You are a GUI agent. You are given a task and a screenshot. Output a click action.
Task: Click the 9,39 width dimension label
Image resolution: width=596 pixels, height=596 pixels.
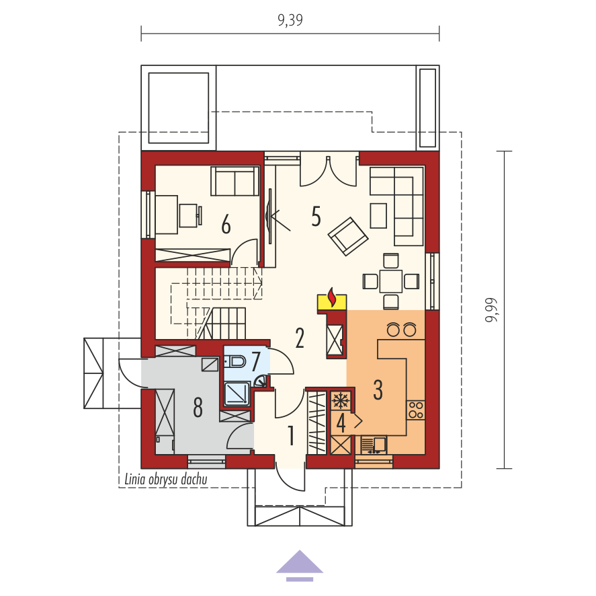pyautogui.click(x=290, y=20)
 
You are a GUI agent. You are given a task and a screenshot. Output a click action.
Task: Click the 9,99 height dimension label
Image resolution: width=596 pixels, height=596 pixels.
pyautogui.click(x=491, y=310)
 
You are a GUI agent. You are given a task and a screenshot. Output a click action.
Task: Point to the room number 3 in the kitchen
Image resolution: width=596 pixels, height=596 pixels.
pyautogui.click(x=378, y=389)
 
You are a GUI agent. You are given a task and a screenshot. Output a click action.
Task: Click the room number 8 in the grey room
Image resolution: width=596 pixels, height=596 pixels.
pyautogui.click(x=198, y=407)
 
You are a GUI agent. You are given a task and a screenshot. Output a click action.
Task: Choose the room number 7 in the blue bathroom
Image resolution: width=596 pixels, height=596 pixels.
pyautogui.click(x=255, y=361)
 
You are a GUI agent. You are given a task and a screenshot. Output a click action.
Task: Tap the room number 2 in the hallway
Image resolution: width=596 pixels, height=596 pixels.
pyautogui.click(x=300, y=338)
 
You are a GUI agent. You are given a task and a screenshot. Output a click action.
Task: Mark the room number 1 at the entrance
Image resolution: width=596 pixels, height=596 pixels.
pyautogui.click(x=291, y=435)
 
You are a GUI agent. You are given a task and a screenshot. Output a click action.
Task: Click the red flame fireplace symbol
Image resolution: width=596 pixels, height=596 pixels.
pyautogui.click(x=332, y=297)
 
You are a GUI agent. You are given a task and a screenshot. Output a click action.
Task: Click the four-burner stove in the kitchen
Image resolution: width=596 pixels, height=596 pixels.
pyautogui.click(x=415, y=410)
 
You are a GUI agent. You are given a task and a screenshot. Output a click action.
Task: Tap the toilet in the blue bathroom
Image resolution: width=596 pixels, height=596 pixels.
pyautogui.click(x=235, y=361)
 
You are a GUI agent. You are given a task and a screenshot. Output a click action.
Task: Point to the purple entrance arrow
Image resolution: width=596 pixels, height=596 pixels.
pyautogui.click(x=300, y=566)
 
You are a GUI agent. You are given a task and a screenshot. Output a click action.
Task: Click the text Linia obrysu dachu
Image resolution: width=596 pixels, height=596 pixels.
pyautogui.click(x=166, y=479)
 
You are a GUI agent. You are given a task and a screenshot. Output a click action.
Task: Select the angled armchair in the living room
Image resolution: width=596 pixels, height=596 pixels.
pyautogui.click(x=348, y=236)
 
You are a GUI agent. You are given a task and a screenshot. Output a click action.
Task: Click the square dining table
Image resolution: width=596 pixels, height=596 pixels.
pyautogui.click(x=391, y=281)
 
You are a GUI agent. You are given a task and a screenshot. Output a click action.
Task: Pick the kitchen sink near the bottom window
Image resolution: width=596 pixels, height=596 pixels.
pyautogui.click(x=374, y=445)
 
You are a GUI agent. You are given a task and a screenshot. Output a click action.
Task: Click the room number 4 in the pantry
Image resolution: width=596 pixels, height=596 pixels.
pyautogui.click(x=341, y=423)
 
